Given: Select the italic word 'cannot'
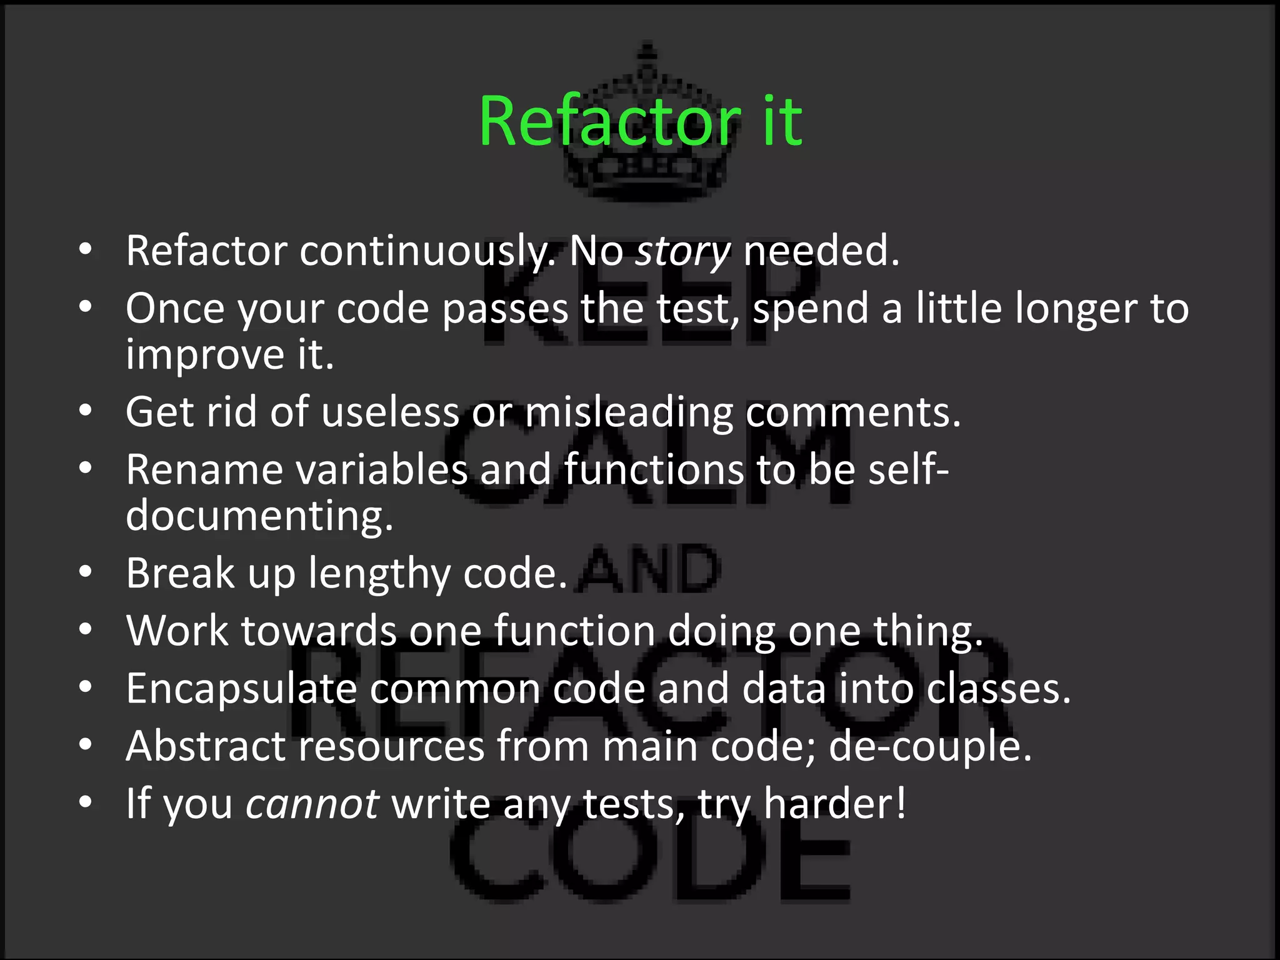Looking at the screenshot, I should pos(312,804).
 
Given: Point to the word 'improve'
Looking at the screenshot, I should pos(204,355).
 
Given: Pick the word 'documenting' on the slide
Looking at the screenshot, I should pos(259,516).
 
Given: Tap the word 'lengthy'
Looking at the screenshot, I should pos(379,574).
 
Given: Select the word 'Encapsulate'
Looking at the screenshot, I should pos(241,689).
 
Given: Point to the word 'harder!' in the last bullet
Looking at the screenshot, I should pos(835,804).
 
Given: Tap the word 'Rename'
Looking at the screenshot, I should pos(204,470).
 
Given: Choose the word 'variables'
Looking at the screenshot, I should pos(381,470).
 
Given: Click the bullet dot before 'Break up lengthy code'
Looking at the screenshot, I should pos(86,572).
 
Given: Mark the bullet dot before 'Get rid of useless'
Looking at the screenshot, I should pos(86,411).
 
